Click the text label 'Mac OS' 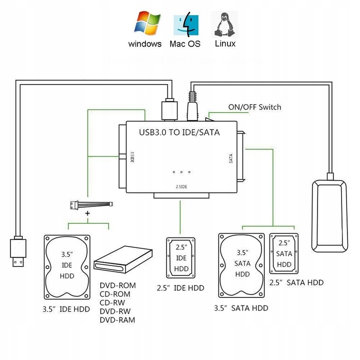pyautogui.click(x=185, y=44)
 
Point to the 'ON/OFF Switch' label pyautogui.click(x=254, y=107)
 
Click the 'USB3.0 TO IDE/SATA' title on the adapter pyautogui.click(x=179, y=132)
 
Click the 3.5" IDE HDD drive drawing pyautogui.click(x=66, y=266)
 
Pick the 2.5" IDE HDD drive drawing pyautogui.click(x=181, y=258)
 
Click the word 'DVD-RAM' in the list pyautogui.click(x=117, y=320)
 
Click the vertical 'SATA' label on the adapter pyautogui.click(x=230, y=158)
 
